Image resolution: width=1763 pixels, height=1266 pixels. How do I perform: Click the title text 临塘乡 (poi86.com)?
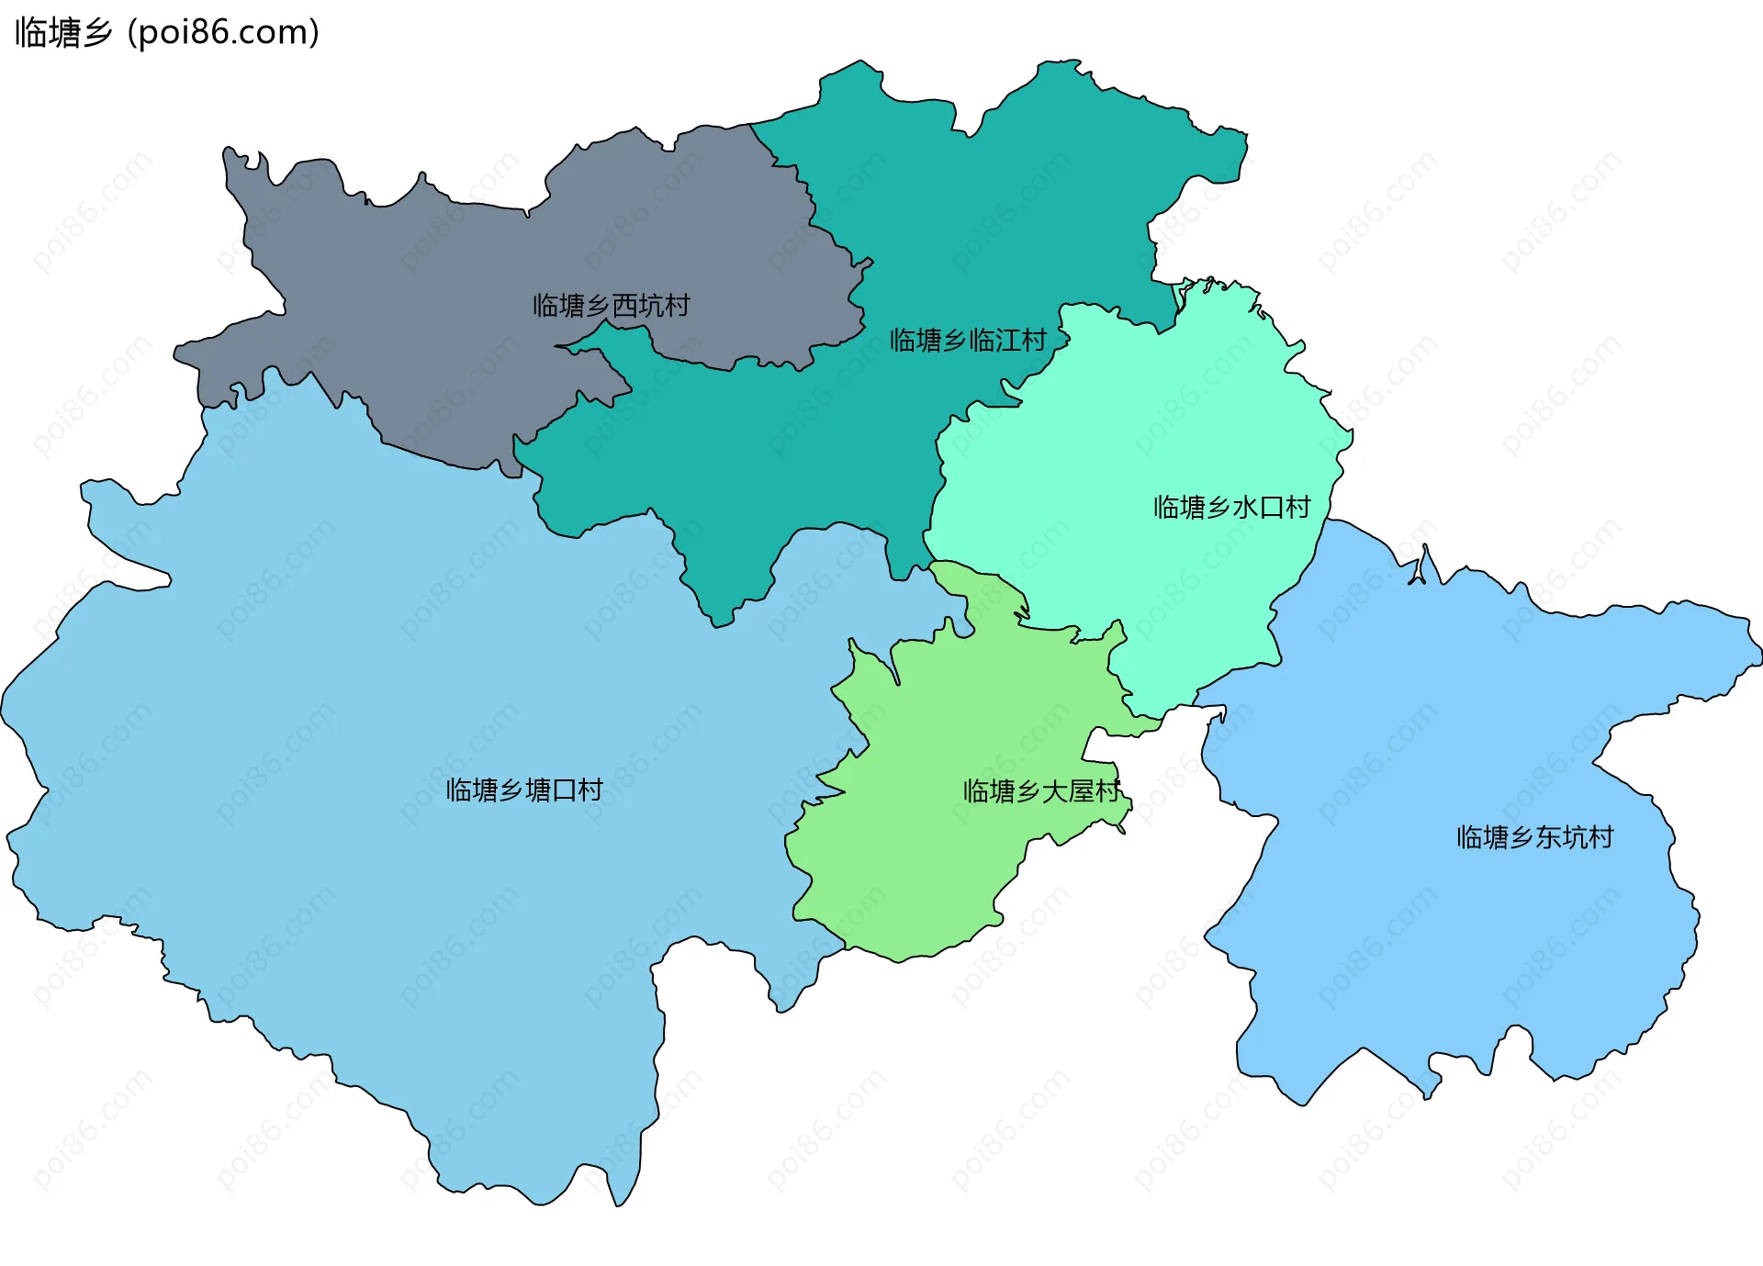[167, 32]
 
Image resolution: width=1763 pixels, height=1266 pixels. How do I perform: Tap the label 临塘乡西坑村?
[611, 306]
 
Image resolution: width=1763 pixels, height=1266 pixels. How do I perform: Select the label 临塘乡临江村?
[968, 341]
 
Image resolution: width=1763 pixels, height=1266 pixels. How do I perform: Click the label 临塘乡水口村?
[1231, 508]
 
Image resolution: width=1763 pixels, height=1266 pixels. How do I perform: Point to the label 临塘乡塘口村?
[524, 790]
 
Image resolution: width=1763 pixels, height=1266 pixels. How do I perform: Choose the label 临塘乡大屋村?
[1041, 791]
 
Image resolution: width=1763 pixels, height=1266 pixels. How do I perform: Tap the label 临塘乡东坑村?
[1534, 837]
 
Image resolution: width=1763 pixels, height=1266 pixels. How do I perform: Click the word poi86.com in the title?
[223, 32]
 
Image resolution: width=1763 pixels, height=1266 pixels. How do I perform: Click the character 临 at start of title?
[30, 32]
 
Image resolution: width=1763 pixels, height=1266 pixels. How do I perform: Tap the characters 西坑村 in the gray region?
[650, 306]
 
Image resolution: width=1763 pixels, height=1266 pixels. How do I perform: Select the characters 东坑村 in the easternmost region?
[1574, 837]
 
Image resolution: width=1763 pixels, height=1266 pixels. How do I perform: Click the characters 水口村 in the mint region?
[1271, 508]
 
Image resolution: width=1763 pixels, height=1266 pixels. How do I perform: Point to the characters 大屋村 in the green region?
[1081, 791]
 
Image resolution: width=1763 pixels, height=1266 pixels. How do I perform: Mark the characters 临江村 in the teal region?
[1007, 341]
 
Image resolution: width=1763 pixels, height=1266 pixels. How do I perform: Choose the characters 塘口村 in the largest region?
[564, 790]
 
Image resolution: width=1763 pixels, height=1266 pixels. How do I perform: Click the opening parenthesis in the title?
[133, 32]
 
